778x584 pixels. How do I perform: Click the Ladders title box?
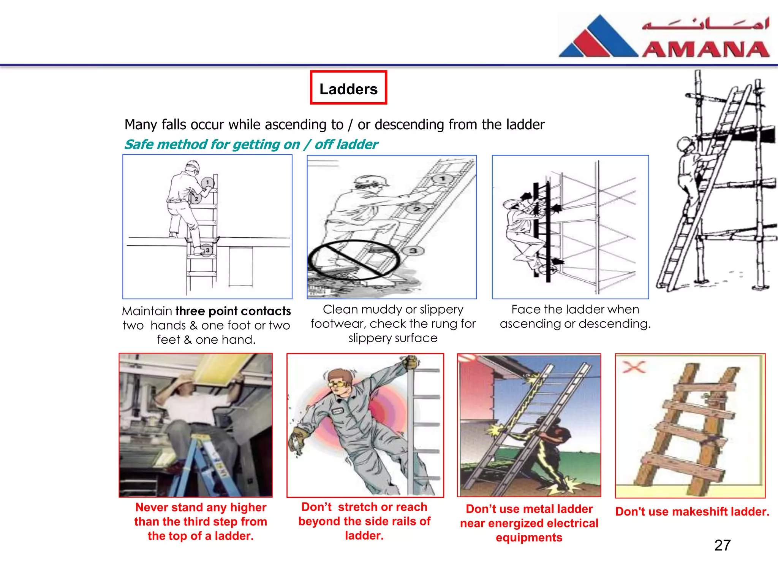[x=348, y=87]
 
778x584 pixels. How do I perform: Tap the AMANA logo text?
[x=706, y=50]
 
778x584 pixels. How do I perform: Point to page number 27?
[x=722, y=545]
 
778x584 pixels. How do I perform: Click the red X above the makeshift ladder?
[x=634, y=367]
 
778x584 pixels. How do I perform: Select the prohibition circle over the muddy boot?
[x=353, y=260]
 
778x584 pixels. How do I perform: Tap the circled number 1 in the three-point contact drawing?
[x=207, y=182]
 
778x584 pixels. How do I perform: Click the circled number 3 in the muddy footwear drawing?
[x=413, y=251]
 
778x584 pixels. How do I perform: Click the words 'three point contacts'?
[x=233, y=311]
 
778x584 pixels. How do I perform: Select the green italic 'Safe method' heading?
[x=251, y=144]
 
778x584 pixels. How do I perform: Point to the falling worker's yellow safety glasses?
[x=338, y=384]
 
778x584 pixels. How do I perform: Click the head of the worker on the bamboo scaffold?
[x=684, y=144]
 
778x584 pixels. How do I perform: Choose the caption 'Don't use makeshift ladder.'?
[x=692, y=511]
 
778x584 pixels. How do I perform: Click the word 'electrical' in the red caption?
[x=575, y=523]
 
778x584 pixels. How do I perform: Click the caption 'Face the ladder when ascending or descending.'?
[x=575, y=316]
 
